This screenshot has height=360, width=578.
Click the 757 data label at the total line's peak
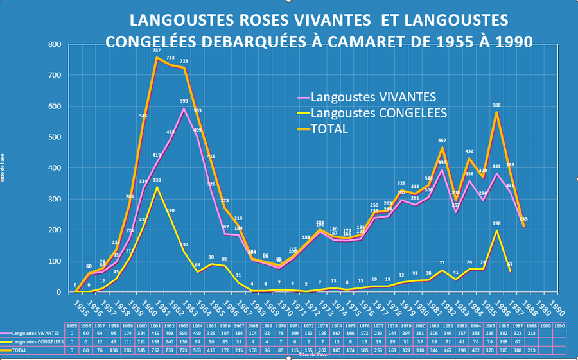pos(157,50)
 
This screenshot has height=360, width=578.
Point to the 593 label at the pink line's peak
pos(184,101)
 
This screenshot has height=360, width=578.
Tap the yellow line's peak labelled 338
pos(157,180)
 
